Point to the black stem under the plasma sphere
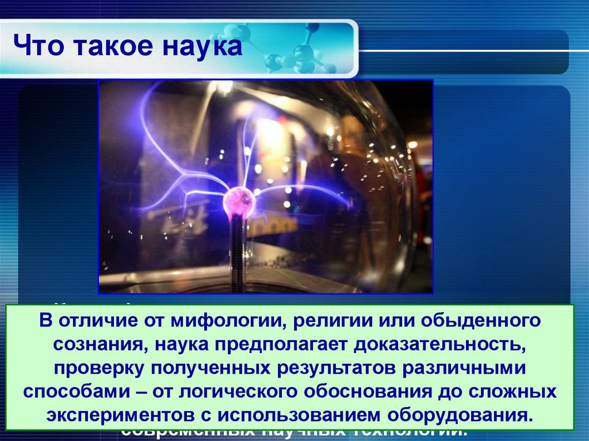pyautogui.click(x=237, y=253)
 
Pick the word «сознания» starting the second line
pyautogui.click(x=93, y=344)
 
